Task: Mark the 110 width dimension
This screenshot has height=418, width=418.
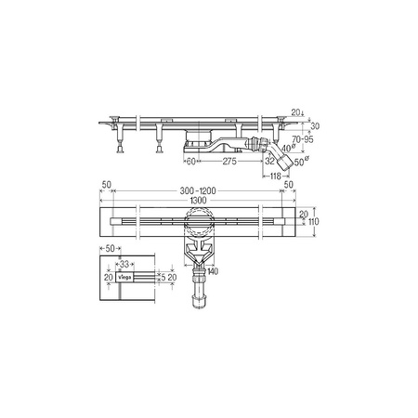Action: click(315, 223)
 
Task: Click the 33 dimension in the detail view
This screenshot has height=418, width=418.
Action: click(126, 265)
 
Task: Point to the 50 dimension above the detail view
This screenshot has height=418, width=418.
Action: click(110, 250)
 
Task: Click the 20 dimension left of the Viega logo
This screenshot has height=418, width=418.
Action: click(107, 277)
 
